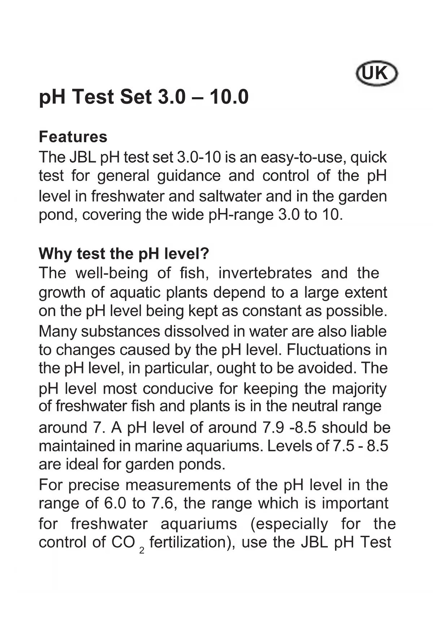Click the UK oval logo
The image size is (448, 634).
click(377, 74)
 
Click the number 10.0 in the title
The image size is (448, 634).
click(229, 97)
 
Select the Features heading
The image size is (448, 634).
click(73, 137)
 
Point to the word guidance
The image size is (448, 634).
click(188, 176)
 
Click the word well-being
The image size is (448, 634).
click(111, 273)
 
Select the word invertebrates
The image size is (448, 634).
click(265, 273)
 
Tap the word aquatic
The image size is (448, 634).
click(135, 292)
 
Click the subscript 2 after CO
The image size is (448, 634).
click(142, 551)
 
